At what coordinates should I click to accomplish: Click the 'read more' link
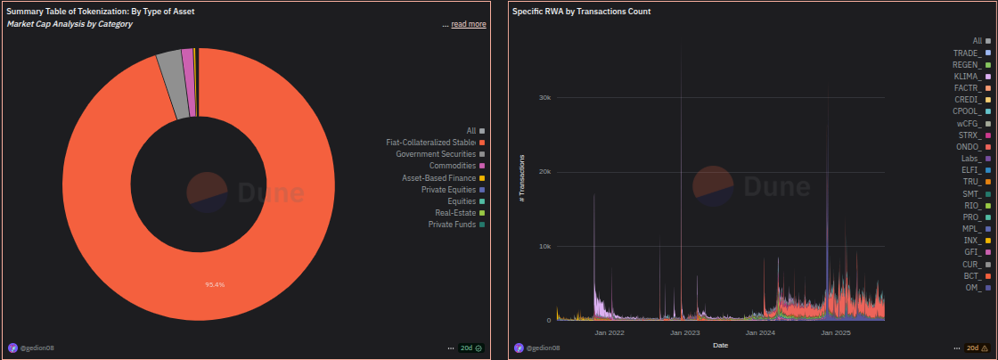468,24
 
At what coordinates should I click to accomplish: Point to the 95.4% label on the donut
215,285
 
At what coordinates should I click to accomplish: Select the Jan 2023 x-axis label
685,332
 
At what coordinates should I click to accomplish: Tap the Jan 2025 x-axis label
837,332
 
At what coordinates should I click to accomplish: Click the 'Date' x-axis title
721,344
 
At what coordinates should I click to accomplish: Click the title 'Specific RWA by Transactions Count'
581,12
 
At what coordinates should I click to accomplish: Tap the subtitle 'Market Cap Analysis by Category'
70,24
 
